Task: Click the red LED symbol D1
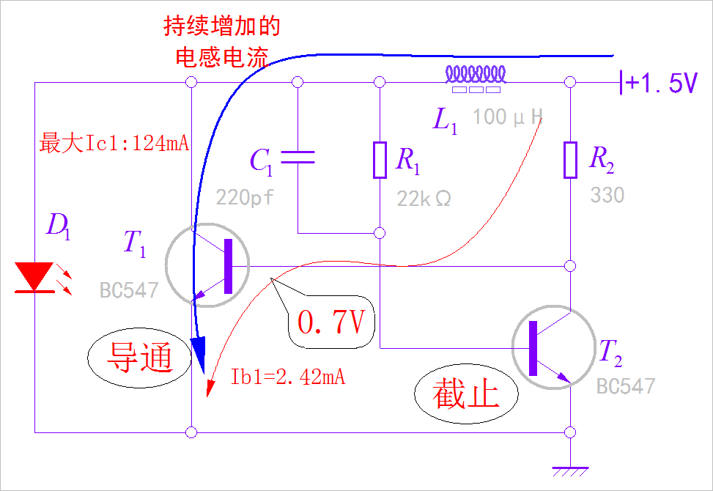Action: pos(34,277)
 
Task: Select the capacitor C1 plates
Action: pos(298,156)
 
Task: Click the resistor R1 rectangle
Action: pos(380,160)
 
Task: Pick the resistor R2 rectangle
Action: pos(571,160)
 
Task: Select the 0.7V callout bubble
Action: pos(330,322)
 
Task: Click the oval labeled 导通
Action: pos(139,357)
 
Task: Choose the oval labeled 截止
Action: pos(466,394)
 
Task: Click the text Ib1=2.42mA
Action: pos(288,377)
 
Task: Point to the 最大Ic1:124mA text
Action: pos(114,143)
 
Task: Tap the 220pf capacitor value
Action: pos(245,196)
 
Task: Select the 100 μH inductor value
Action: pos(508,116)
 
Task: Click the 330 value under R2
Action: pos(607,196)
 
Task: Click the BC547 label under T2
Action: pos(625,386)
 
